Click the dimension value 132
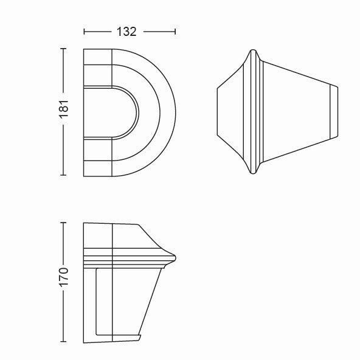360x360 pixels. point(126,32)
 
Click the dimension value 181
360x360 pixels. point(64,109)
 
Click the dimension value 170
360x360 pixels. point(64,277)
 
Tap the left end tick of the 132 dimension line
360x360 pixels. point(85,32)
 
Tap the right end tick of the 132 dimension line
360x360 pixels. point(175,32)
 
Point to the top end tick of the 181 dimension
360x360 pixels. point(63,49)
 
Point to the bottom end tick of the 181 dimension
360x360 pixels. point(63,175)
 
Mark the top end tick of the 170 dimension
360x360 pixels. point(63,223)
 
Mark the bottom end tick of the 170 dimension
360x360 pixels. point(63,341)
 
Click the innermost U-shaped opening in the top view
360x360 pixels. point(136,112)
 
